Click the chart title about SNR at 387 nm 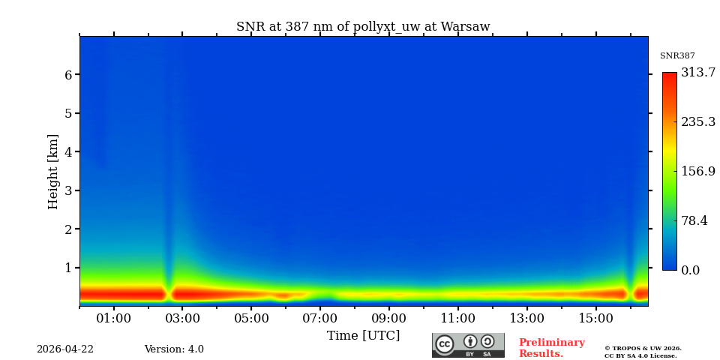coord(363,27)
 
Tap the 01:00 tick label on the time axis coord(114,319)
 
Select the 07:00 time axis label coord(320,319)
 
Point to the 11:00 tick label coord(458,319)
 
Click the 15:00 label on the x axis coord(596,319)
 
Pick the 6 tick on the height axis coord(68,75)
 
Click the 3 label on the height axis coord(68,190)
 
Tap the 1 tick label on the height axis coord(68,268)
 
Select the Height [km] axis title coord(53,171)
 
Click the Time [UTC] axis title coord(363,336)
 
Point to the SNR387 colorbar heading coord(677,56)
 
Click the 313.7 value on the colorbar coord(698,73)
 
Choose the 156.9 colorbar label coord(698,171)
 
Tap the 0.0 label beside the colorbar coord(691,271)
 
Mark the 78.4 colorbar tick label coord(694,221)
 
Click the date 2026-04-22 coord(65,349)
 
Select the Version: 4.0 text coord(174,349)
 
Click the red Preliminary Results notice coord(551,348)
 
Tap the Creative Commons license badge coord(468,345)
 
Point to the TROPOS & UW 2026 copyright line coord(643,348)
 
